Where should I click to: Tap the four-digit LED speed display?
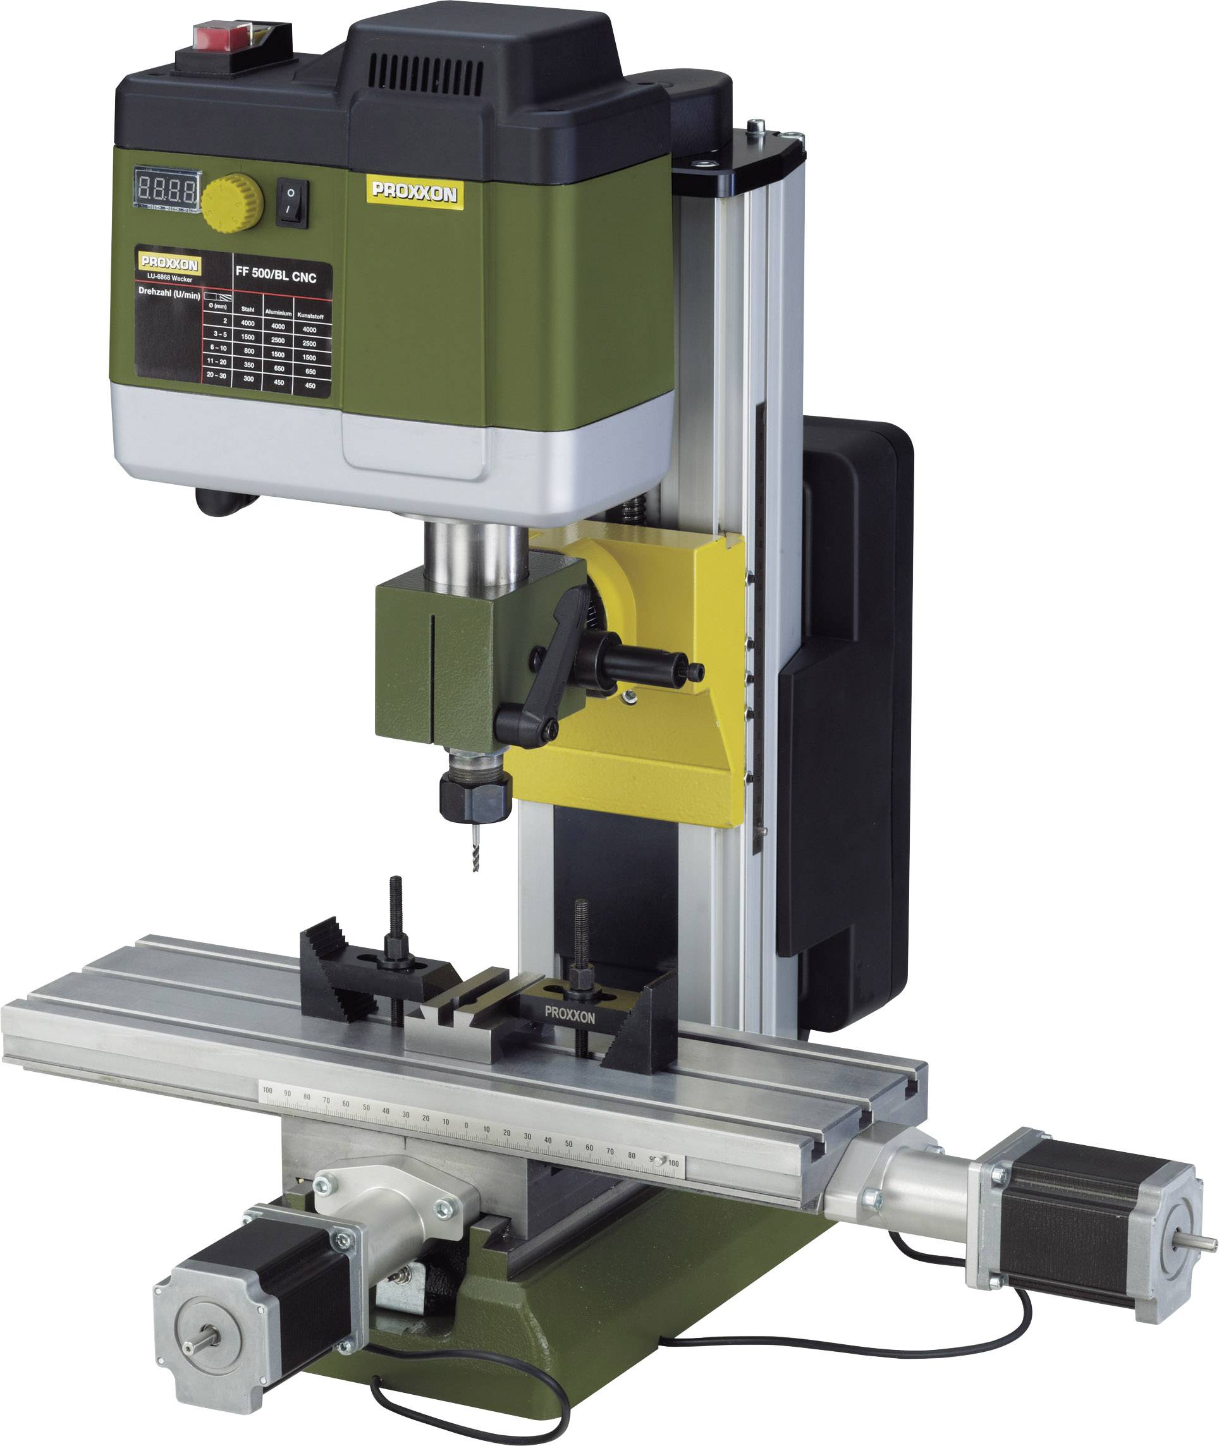[166, 188]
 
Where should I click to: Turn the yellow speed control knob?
[233, 202]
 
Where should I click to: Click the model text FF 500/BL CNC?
[276, 275]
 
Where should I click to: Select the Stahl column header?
[247, 310]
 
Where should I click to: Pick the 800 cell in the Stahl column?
[248, 351]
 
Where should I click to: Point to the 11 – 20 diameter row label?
[216, 361]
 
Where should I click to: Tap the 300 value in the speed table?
[248, 379]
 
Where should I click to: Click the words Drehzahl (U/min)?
[169, 294]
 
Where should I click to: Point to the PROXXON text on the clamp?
[570, 1015]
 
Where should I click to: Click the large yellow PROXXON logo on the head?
[414, 193]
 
